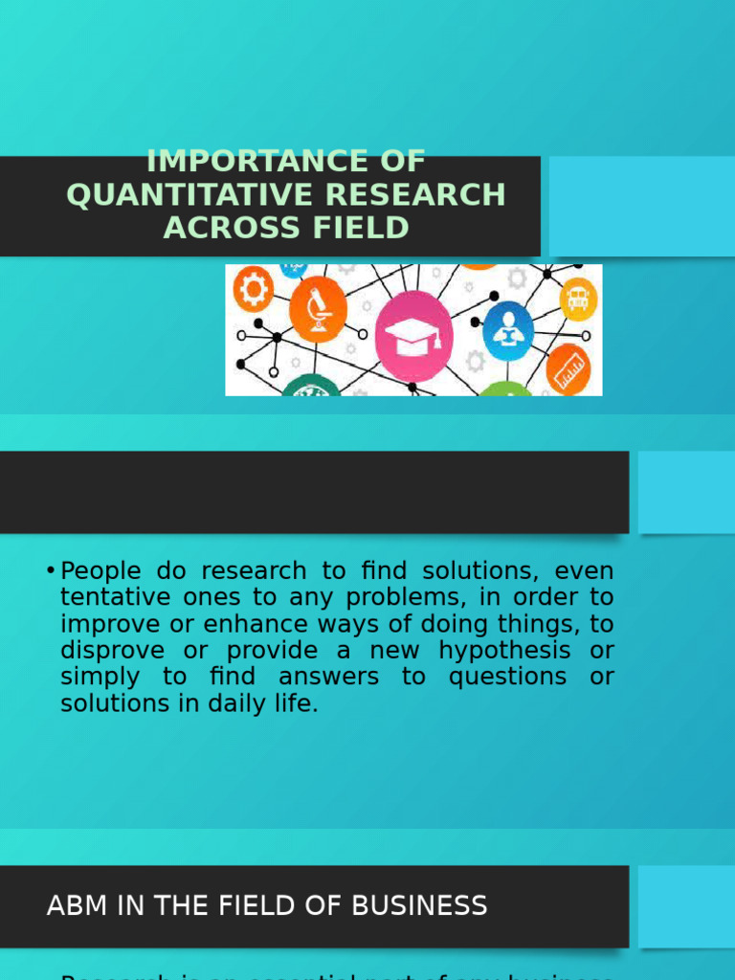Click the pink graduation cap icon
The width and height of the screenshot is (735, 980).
point(413,335)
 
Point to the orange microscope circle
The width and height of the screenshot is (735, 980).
point(318,308)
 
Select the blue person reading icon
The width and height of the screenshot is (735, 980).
point(508,330)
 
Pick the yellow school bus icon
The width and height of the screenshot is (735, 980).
point(577,299)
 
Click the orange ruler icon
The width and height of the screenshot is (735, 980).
point(568,368)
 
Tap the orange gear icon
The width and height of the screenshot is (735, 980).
point(253,287)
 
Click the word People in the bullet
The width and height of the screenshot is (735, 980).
point(100,571)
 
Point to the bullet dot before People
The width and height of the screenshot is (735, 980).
point(50,571)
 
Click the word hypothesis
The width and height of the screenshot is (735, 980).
point(503,651)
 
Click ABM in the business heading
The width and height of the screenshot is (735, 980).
point(75,905)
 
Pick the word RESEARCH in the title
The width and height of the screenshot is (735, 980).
point(414,194)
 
